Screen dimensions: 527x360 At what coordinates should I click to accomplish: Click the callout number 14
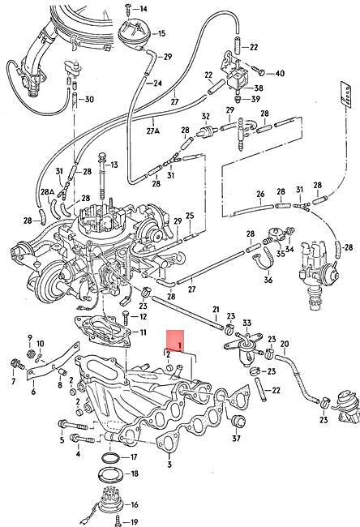(144, 9)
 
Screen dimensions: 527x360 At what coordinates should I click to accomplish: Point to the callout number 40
(281, 74)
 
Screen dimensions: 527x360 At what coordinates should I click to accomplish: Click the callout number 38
(258, 88)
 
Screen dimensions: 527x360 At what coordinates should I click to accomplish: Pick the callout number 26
(259, 194)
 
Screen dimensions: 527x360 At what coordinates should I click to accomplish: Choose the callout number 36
(268, 281)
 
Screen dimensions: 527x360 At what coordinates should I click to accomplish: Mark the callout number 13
(114, 165)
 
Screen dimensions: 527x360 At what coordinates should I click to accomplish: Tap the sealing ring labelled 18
(109, 473)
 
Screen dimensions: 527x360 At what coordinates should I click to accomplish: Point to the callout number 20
(284, 344)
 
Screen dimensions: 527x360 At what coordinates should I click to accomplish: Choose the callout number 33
(246, 323)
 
